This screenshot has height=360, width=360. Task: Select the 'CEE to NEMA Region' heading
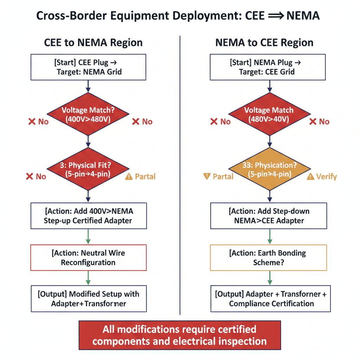coord(93,43)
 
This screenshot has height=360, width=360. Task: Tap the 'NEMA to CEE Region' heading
coord(264,43)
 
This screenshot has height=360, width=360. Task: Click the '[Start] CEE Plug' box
coord(88,67)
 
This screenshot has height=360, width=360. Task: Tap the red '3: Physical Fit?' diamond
coord(88,169)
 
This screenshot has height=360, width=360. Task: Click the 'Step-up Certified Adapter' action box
coord(88,216)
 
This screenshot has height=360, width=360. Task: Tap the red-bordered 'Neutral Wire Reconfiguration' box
coord(88,258)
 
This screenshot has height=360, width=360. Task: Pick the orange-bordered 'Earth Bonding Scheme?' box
coord(270,258)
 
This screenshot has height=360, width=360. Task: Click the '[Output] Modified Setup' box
coord(88,299)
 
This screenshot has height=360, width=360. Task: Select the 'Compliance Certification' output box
coord(270,299)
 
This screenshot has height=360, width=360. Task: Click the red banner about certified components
coord(180,335)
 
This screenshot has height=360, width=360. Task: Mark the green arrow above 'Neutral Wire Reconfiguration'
coord(88,237)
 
